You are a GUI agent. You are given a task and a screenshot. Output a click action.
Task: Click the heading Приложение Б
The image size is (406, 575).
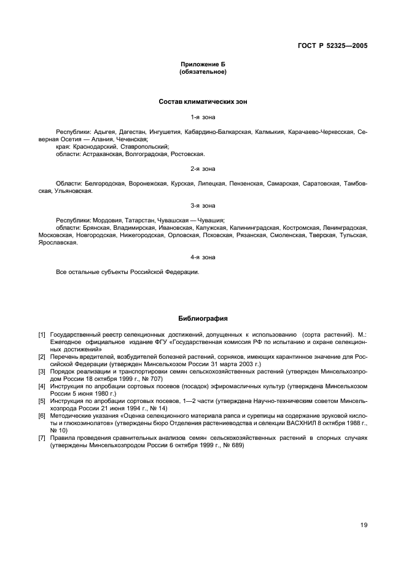203,65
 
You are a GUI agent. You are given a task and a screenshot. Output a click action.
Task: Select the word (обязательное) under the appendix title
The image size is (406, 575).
203,72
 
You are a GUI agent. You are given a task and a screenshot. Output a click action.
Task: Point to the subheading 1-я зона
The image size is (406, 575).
203,116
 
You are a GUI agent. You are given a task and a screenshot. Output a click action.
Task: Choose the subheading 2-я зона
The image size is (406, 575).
203,168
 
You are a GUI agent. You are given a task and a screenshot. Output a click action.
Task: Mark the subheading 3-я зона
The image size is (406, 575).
203,205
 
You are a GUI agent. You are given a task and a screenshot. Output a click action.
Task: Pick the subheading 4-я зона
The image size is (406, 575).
203,257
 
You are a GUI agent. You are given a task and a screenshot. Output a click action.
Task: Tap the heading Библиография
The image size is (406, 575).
203,319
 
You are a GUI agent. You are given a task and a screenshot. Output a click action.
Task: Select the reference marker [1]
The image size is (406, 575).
42,334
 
